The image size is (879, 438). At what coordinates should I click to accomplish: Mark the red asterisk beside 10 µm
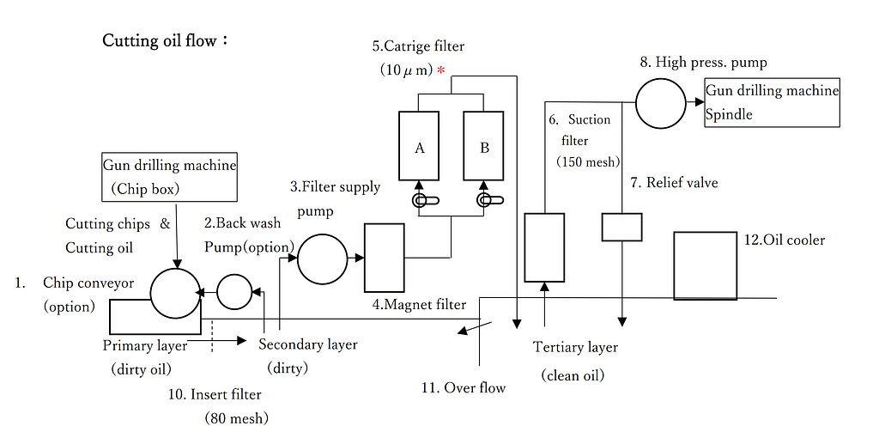tap(441, 70)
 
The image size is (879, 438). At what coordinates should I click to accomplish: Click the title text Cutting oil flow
tap(165, 41)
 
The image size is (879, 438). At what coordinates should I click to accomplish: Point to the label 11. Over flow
tap(464, 387)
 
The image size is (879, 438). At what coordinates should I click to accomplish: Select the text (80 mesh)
tap(236, 417)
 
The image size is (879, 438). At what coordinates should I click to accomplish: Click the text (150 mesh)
tap(588, 162)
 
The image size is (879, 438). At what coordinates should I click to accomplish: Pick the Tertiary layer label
tap(575, 348)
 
